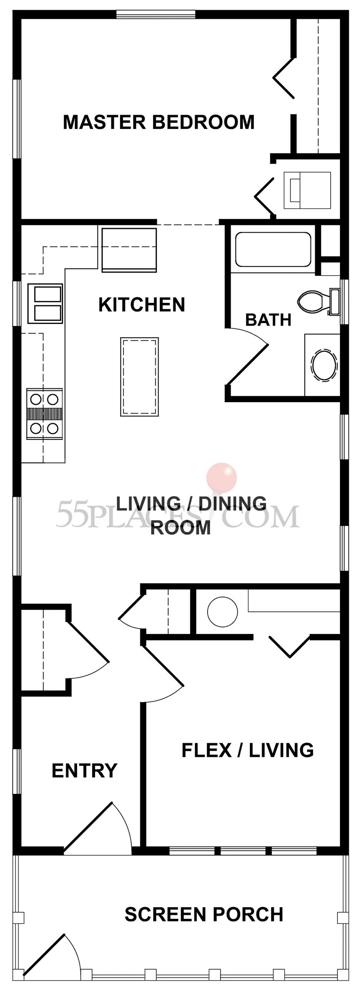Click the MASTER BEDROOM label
click(159, 122)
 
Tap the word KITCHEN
click(141, 305)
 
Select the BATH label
click(268, 320)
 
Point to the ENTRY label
click(85, 770)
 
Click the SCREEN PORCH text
click(204, 915)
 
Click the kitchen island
click(139, 377)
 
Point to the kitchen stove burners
click(44, 414)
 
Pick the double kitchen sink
click(45, 304)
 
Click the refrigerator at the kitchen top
click(129, 249)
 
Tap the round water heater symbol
click(222, 612)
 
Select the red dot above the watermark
click(221, 477)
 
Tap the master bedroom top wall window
click(156, 15)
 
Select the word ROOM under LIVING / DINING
click(180, 528)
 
